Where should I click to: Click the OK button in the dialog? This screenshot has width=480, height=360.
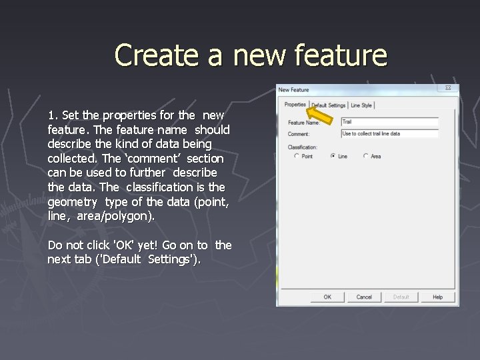[x=327, y=297]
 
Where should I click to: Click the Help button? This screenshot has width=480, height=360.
[x=437, y=297]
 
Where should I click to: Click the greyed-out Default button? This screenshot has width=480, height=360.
[x=401, y=297]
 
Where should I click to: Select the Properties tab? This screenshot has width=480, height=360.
[x=295, y=105]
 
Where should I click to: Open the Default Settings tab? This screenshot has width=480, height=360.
[x=329, y=105]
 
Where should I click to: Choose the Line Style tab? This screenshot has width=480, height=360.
[x=361, y=105]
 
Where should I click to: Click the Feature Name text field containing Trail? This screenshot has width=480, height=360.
[x=389, y=122]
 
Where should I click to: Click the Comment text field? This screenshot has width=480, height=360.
[x=389, y=133]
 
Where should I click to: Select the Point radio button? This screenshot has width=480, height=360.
[x=297, y=156]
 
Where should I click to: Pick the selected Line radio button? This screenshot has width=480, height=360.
[x=333, y=156]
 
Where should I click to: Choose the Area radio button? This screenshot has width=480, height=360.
[x=365, y=156]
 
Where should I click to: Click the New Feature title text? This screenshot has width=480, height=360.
[x=294, y=89]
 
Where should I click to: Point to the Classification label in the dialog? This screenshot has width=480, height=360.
[x=303, y=147]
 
